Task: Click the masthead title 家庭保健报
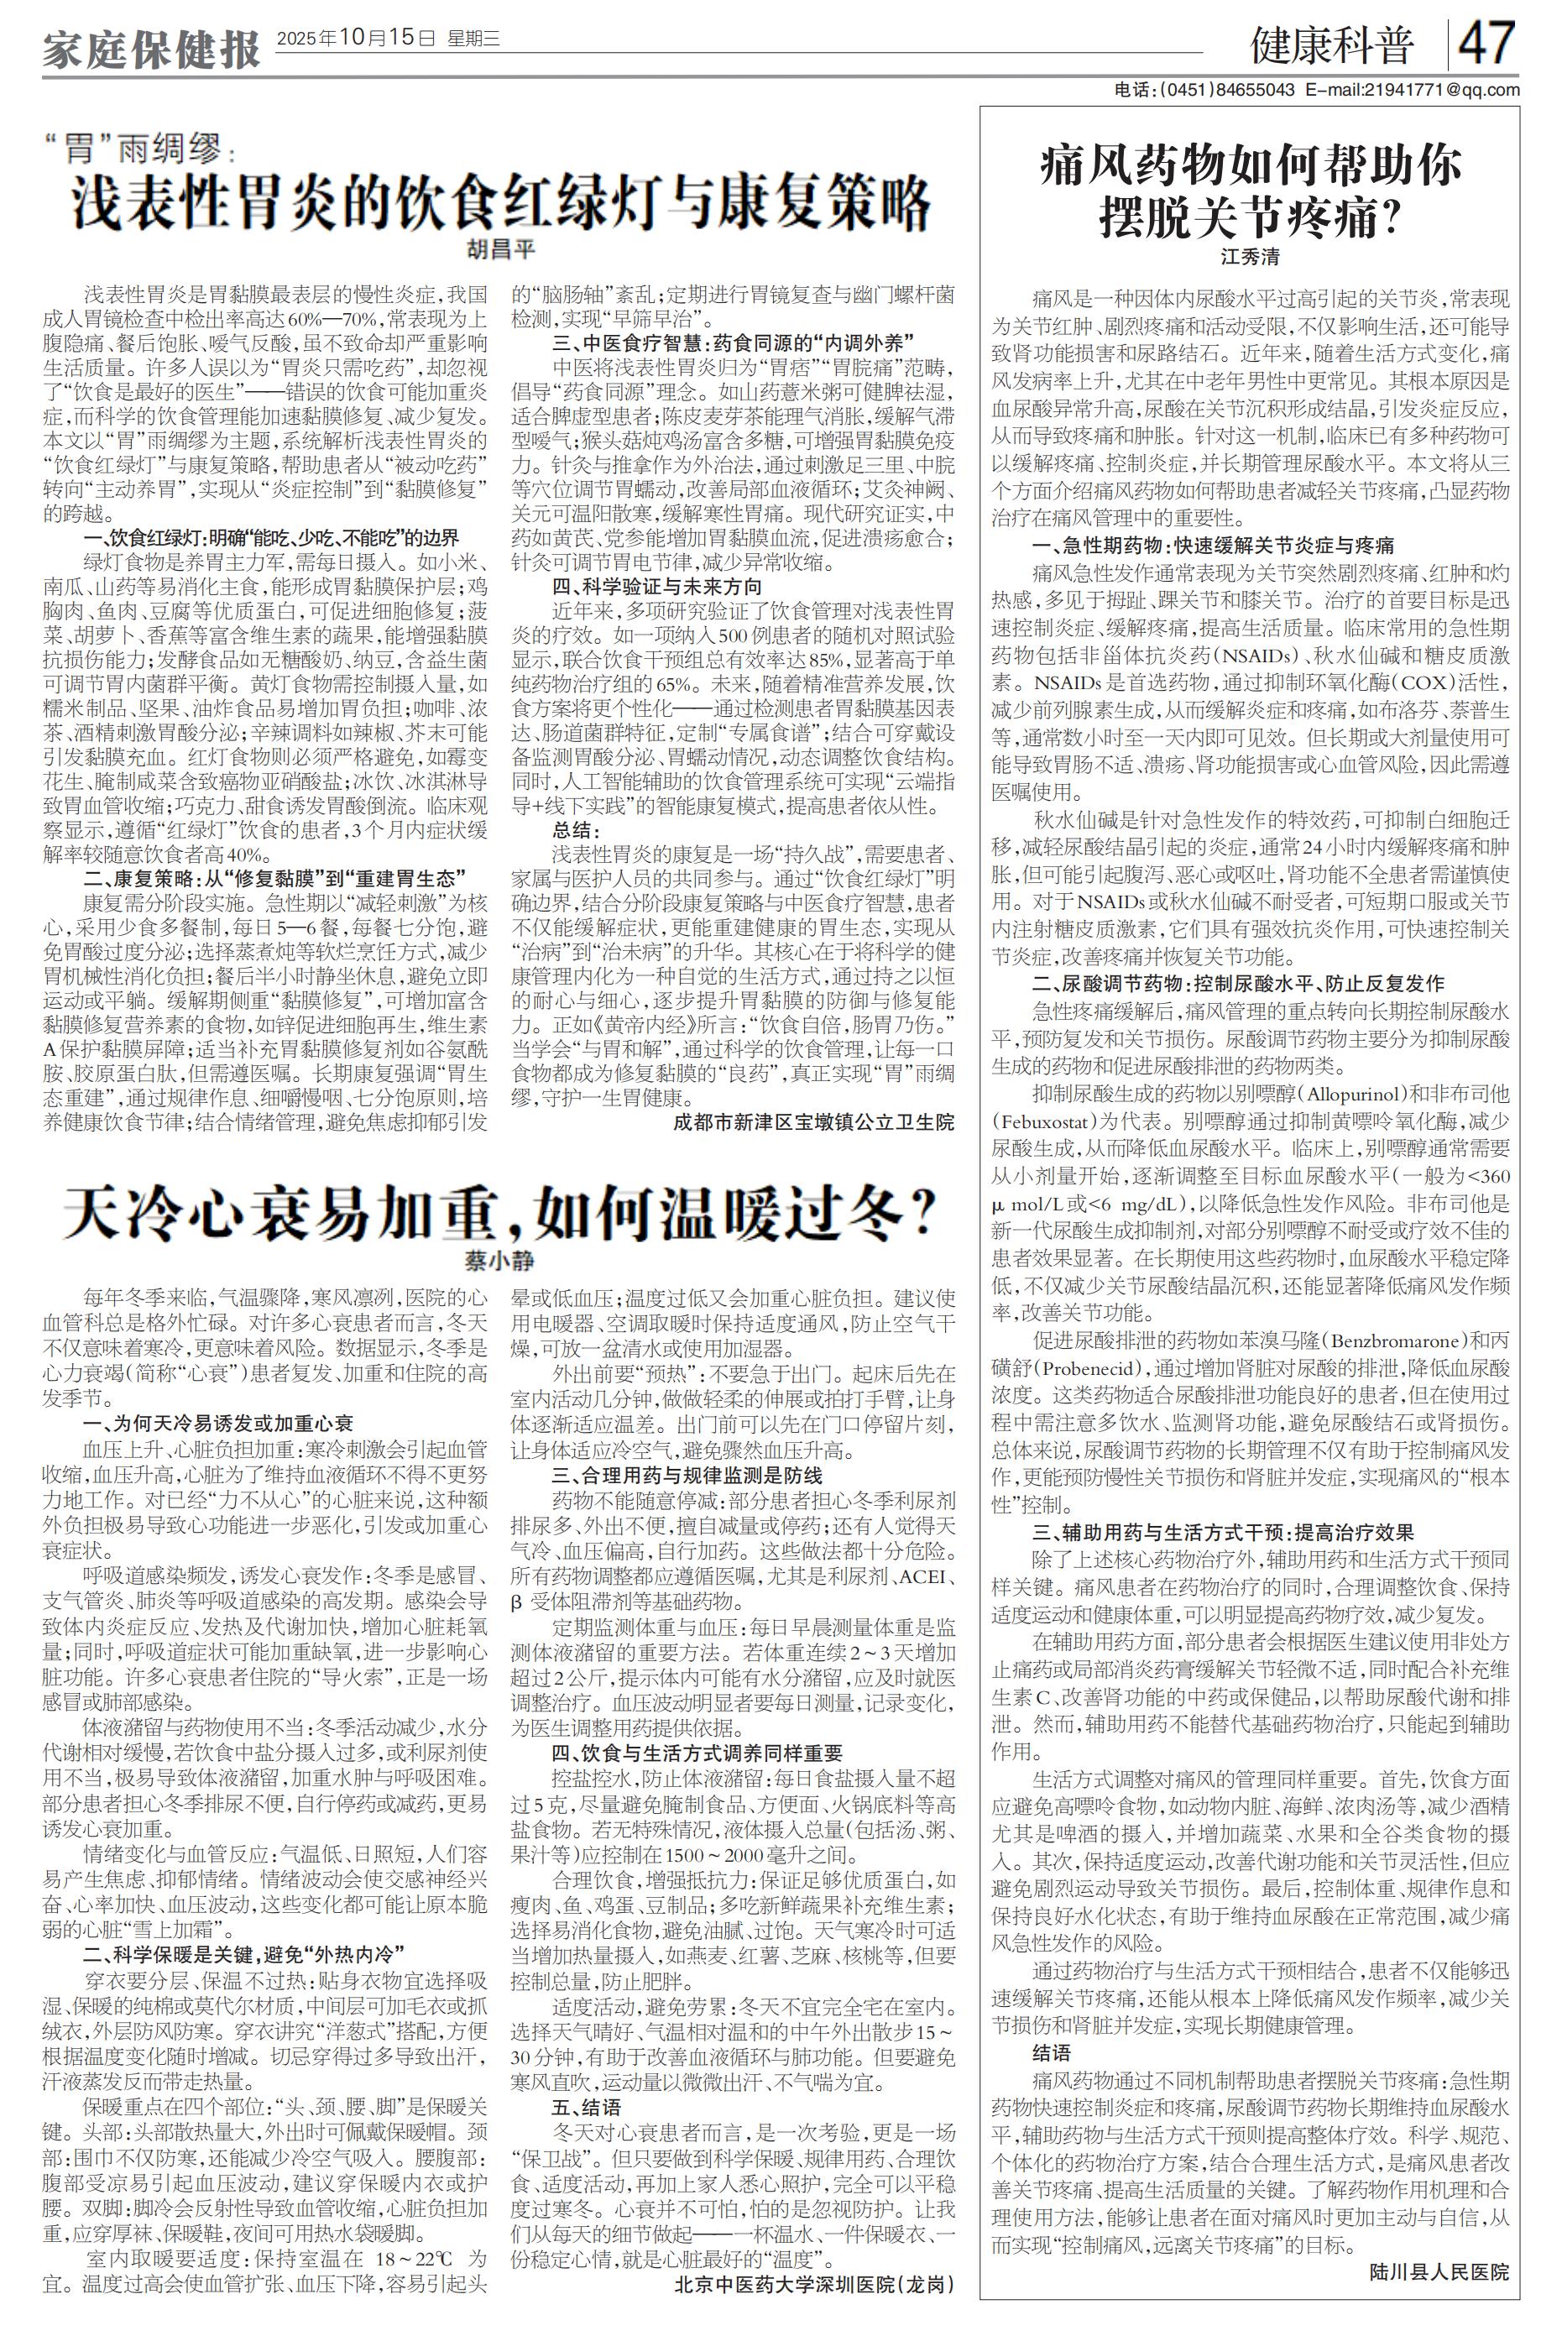[150, 49]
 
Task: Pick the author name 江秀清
[1251, 256]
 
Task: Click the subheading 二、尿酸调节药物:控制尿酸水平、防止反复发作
[1237, 983]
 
